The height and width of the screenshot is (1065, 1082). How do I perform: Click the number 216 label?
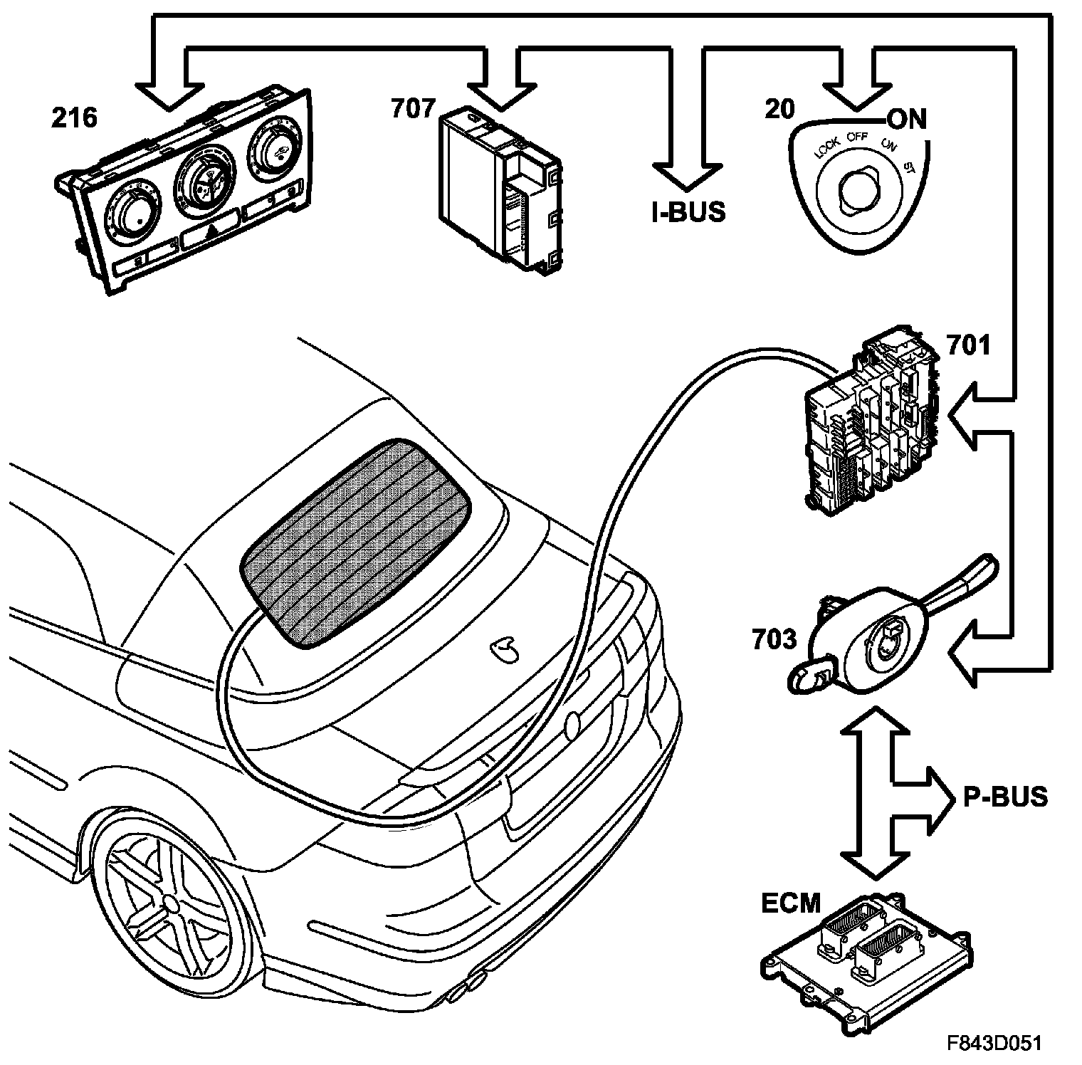pyautogui.click(x=73, y=117)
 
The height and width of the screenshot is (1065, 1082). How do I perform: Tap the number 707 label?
pyautogui.click(x=413, y=108)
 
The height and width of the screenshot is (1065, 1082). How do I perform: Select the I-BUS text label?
pyautogui.click(x=688, y=211)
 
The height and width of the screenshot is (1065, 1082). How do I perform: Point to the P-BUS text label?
pyautogui.click(x=1005, y=797)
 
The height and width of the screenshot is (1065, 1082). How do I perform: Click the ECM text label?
pyautogui.click(x=791, y=903)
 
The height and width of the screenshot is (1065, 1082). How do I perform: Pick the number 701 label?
pyautogui.click(x=968, y=346)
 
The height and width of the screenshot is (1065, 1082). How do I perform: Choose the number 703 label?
pyautogui.click(x=774, y=639)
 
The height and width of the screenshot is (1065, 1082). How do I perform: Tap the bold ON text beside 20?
pyautogui.click(x=907, y=120)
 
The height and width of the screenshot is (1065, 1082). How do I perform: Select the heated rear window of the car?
pyautogui.click(x=354, y=542)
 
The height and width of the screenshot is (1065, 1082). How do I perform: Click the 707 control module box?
pyautogui.click(x=498, y=189)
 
